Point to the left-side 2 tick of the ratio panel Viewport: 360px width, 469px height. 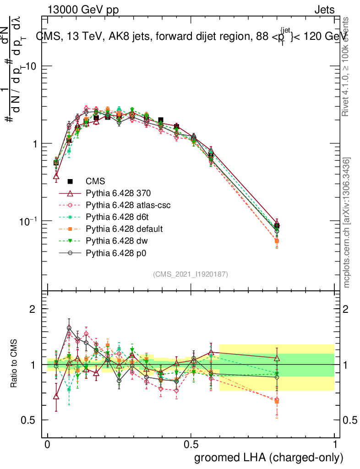33,309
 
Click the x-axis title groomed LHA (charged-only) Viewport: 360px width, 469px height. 269,457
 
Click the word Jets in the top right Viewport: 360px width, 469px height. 324,10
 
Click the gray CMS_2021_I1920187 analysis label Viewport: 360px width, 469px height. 191,274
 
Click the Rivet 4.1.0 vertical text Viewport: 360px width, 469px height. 347,67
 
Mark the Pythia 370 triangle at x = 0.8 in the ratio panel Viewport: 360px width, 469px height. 277,358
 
